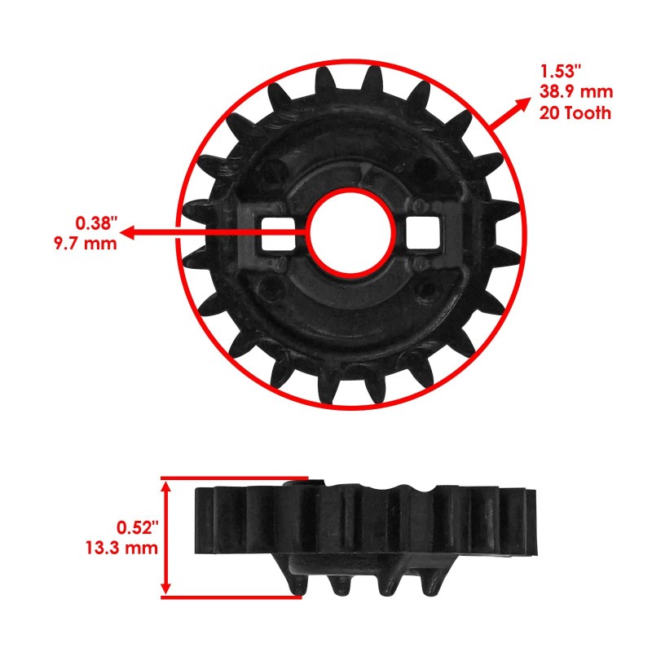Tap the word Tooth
click(587, 113)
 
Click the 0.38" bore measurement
click(97, 222)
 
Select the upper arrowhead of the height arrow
click(168, 486)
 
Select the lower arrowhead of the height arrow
click(168, 588)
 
